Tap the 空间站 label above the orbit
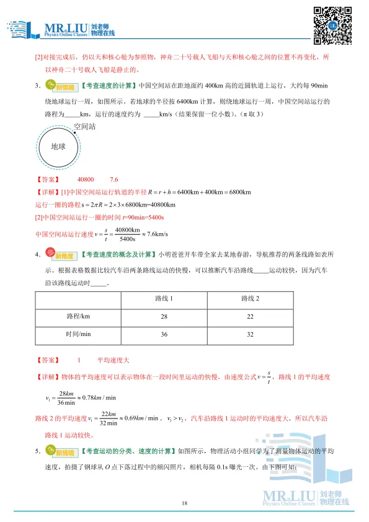[x=86, y=126]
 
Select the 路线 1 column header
[x=163, y=299]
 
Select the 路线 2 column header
[x=249, y=299]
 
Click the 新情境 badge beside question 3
[x=61, y=86]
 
